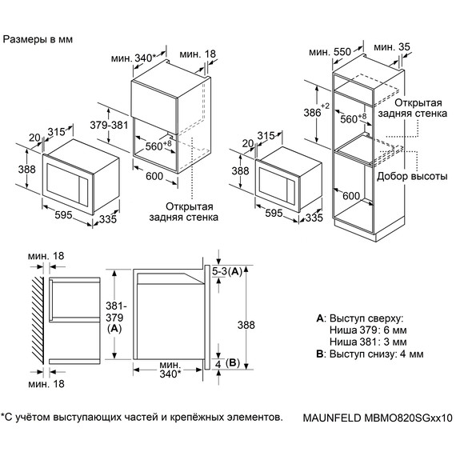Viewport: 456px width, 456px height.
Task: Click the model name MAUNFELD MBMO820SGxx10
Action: coord(378,418)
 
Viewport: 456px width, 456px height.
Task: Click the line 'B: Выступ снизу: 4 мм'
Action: coord(370,354)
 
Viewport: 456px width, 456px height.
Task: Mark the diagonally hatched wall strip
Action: coord(38,319)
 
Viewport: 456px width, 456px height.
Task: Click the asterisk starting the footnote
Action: coord(3,416)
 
